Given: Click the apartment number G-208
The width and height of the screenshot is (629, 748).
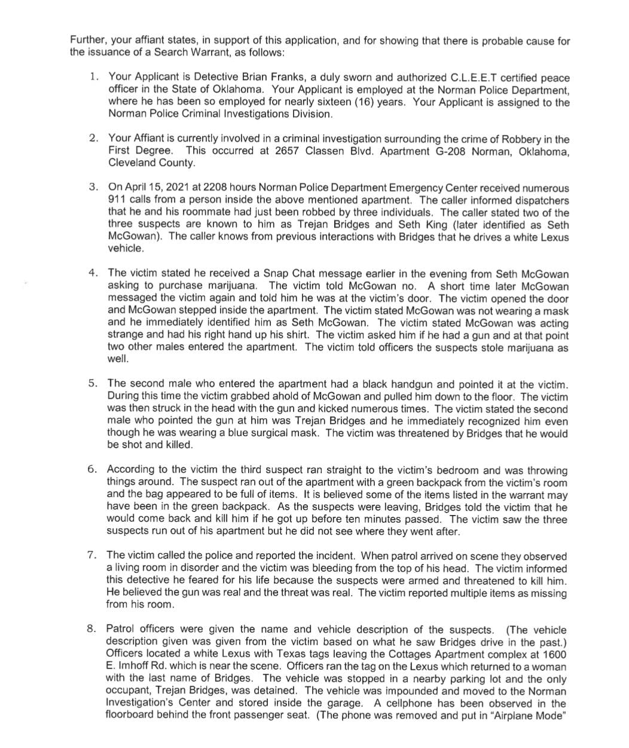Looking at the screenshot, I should [447, 151].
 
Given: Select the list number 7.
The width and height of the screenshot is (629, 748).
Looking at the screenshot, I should [91, 556].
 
